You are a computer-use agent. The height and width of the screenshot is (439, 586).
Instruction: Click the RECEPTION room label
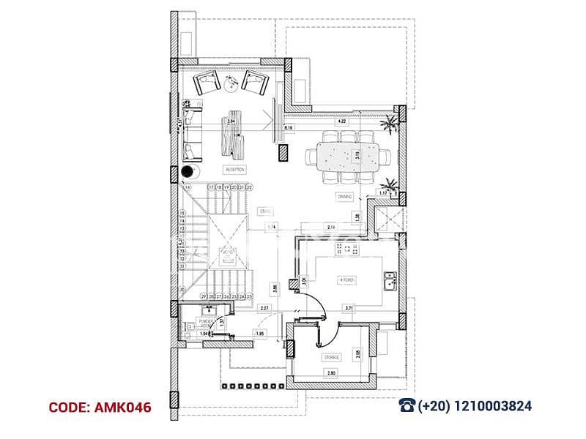[x=235, y=170]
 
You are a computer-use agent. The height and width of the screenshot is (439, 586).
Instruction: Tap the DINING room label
[x=345, y=197]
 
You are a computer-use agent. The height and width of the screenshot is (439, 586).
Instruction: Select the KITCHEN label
[x=346, y=280]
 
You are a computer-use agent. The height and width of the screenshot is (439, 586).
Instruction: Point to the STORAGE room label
[x=331, y=357]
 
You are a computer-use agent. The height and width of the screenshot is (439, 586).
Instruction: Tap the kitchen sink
[x=390, y=278]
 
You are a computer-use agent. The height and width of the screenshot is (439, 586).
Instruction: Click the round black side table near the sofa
[x=188, y=172]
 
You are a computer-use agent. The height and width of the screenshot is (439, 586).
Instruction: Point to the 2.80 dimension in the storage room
[x=331, y=373]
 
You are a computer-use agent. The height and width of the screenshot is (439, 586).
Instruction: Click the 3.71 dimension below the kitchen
[x=349, y=308]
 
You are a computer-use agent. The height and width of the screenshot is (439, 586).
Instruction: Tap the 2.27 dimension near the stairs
[x=265, y=308]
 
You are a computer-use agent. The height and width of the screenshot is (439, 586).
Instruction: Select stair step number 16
[x=188, y=188]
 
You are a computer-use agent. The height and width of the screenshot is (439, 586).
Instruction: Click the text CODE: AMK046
[x=100, y=407]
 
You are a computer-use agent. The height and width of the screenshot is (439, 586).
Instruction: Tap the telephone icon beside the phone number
[x=407, y=405]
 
